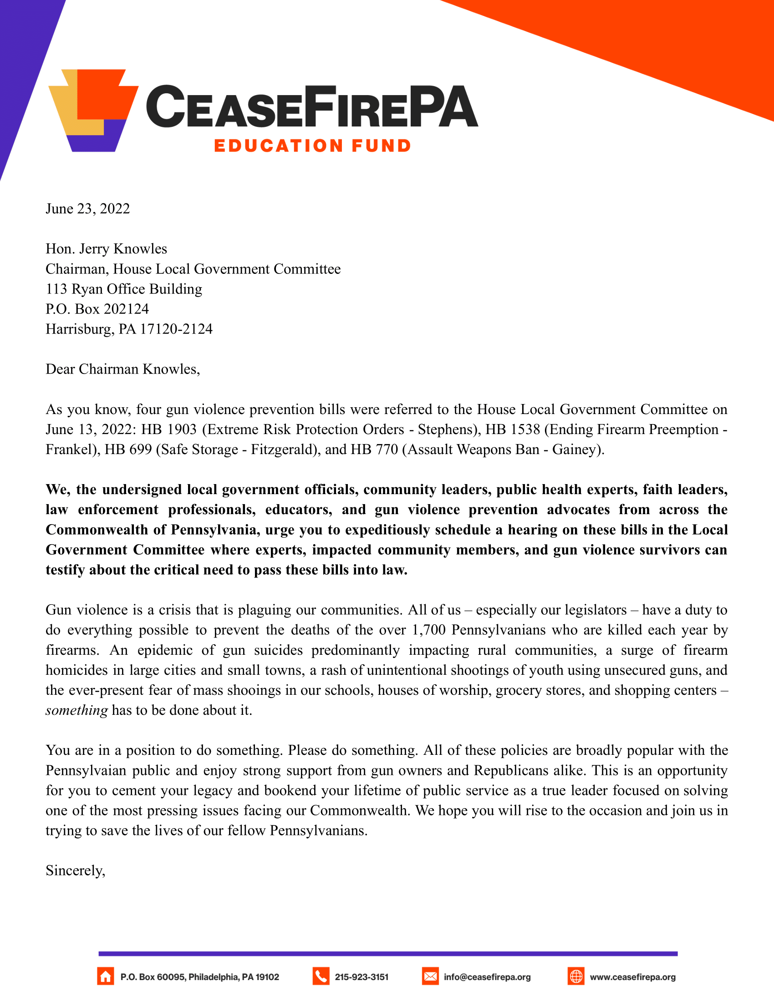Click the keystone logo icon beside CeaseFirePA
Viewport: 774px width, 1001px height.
click(x=93, y=110)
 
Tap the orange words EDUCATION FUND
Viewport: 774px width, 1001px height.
click(x=312, y=146)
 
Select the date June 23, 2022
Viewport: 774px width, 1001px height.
click(x=87, y=209)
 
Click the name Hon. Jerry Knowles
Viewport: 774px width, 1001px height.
click(x=107, y=249)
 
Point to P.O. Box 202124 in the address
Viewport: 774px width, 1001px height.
click(x=97, y=309)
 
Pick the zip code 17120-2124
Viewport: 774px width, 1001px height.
click(x=176, y=329)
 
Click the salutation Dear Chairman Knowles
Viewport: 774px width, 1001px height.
click(x=122, y=369)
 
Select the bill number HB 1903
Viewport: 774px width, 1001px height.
click(x=169, y=430)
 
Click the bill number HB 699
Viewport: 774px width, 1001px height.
click(x=128, y=450)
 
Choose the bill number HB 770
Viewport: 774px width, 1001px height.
click(x=374, y=450)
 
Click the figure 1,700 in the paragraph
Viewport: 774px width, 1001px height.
click(x=428, y=630)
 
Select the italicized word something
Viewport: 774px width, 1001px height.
click(x=76, y=710)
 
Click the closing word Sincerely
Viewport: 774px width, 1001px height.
click(x=75, y=870)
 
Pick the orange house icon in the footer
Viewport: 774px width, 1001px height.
click(x=106, y=977)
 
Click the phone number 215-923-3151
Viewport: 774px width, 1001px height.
click(x=362, y=977)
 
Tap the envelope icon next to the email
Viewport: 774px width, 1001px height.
click(x=430, y=977)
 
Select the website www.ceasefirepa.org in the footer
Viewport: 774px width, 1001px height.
click(x=632, y=977)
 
